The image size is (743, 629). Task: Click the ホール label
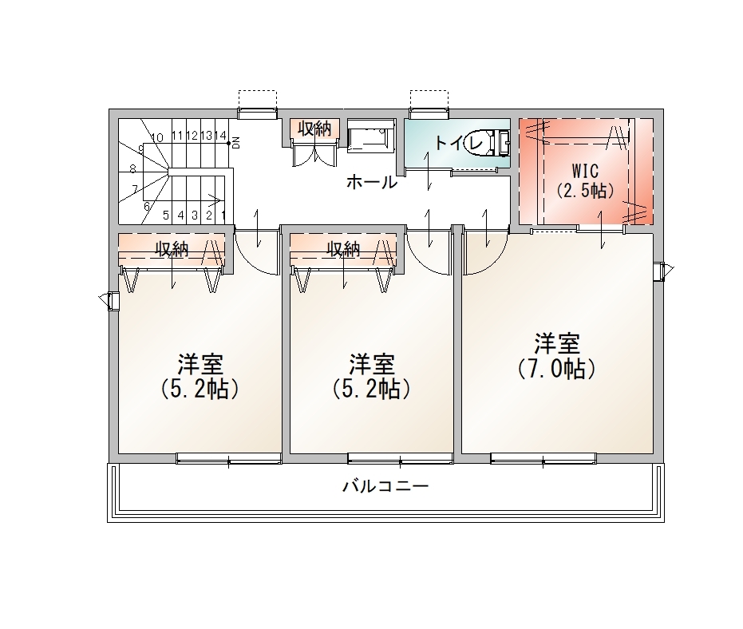[372, 182]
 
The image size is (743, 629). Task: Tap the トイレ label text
[459, 142]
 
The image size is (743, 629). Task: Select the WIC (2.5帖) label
[585, 180]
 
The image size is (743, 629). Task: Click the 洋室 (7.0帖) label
[557, 356]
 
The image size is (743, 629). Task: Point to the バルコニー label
[385, 486]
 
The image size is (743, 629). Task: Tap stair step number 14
[220, 136]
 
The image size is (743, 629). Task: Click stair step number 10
[157, 138]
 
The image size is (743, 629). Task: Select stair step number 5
[166, 216]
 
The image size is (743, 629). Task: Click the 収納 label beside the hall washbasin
[314, 129]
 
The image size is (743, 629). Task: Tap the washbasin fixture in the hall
[371, 136]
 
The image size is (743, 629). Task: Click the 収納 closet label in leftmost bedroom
[172, 249]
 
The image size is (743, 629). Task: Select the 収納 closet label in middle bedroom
[343, 249]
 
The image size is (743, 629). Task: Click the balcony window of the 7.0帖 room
[543, 458]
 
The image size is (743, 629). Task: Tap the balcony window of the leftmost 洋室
[229, 458]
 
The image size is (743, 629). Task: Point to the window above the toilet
[429, 113]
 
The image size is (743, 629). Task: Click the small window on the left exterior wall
[113, 300]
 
